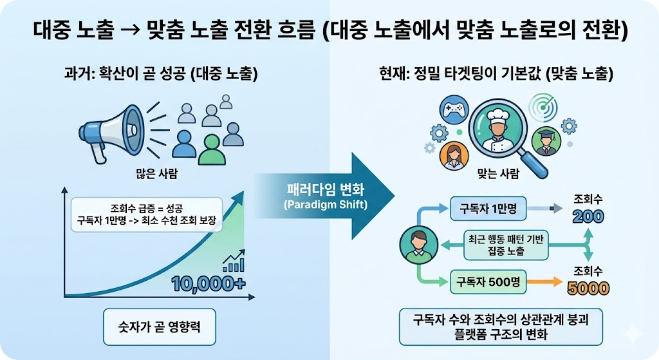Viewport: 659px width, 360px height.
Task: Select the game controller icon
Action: [x=456, y=108]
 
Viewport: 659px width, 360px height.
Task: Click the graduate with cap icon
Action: [x=545, y=141]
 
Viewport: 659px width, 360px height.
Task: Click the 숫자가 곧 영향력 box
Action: [x=159, y=327]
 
